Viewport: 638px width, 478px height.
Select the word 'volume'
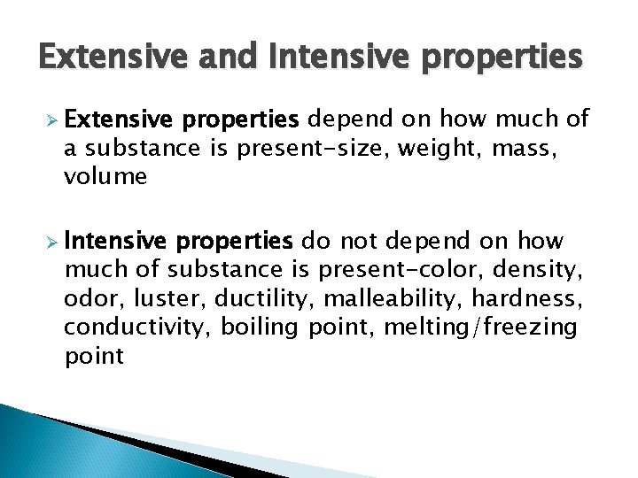coord(105,177)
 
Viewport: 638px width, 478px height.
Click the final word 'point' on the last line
coord(94,357)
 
